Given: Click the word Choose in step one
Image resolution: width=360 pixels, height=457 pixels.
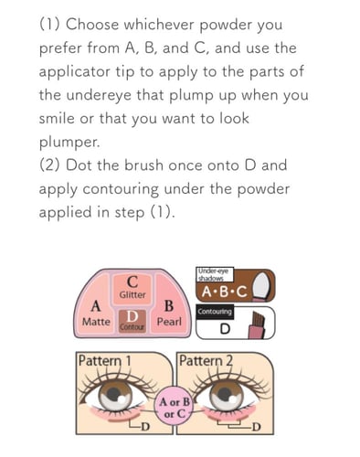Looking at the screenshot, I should (98, 24).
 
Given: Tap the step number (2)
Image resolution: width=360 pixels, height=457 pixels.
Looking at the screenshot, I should (51, 165).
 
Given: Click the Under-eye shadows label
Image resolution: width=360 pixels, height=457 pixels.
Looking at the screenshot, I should (213, 273).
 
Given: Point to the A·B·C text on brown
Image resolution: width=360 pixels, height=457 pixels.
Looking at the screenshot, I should (224, 291).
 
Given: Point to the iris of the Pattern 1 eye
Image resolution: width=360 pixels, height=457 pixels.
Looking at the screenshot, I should (113, 398).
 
